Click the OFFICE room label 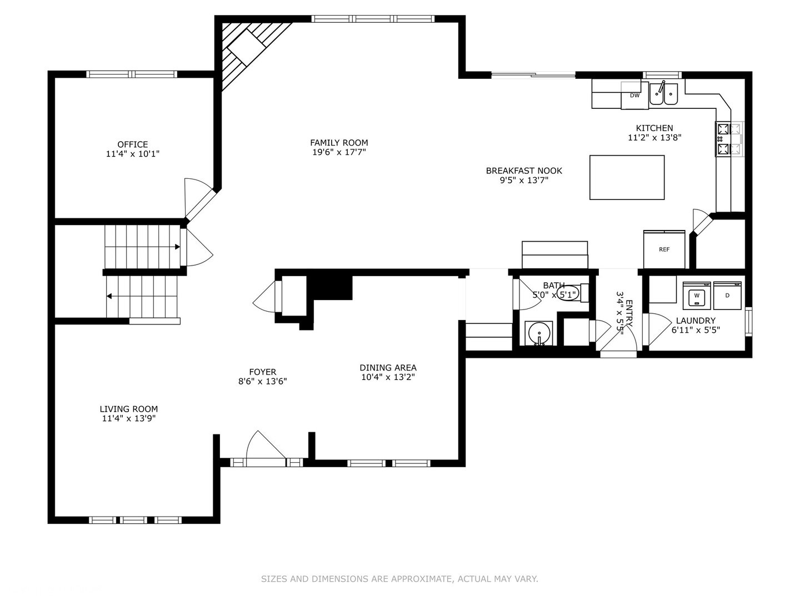pos(132,144)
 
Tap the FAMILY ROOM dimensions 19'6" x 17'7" pos(339,152)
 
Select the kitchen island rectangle pos(627,177)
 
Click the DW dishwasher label pos(634,96)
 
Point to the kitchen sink pos(664,94)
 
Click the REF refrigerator pos(664,249)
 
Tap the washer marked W pos(697,296)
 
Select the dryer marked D pos(727,296)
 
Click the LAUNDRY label pos(696,321)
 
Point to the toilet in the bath pos(572,294)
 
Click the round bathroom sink pos(539,333)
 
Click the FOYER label pos(262,372)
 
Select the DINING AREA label pos(388,368)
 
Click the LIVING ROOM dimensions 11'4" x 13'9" pos(129,418)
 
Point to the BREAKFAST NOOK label pos(524,171)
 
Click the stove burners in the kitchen pos(729,139)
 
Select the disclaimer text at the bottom pos(399,579)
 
